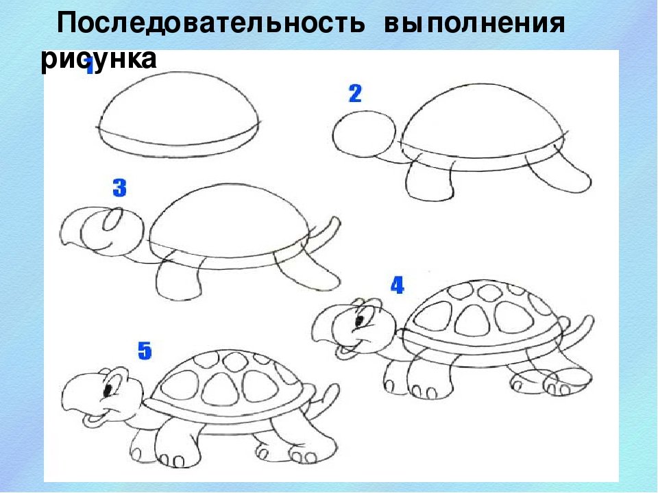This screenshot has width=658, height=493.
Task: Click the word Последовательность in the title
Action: (211, 23)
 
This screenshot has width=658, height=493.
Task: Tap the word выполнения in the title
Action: (474, 23)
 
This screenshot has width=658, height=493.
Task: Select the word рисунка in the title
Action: (99, 59)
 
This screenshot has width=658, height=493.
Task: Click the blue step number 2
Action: (355, 94)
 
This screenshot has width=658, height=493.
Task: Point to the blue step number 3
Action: (119, 188)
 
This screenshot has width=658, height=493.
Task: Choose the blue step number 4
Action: (397, 285)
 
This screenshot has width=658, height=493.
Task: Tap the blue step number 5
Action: (145, 351)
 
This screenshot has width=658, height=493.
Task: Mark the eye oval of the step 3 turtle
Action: (112, 219)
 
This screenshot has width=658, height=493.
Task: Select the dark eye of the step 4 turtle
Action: (360, 320)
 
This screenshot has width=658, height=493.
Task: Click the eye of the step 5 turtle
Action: (108, 390)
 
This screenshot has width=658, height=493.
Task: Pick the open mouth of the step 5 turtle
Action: (92, 418)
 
